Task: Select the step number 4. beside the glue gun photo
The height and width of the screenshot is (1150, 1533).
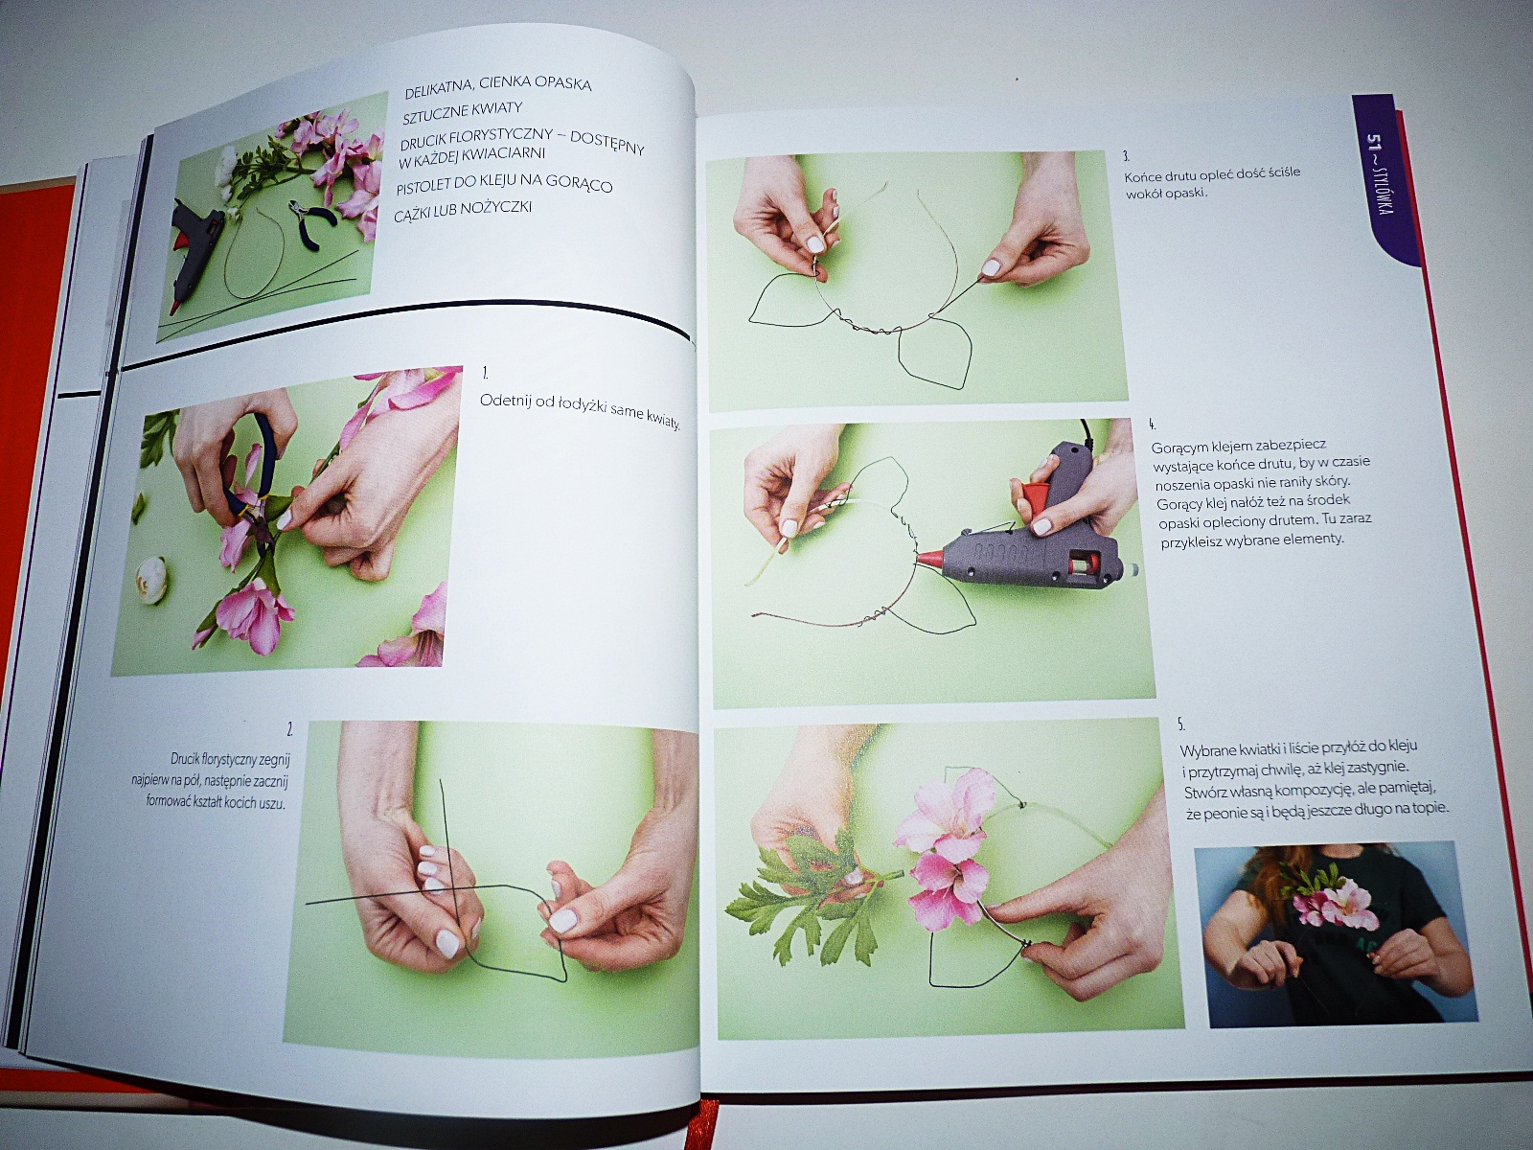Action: pyautogui.click(x=1152, y=425)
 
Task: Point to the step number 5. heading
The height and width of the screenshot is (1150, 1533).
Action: pyautogui.click(x=1181, y=724)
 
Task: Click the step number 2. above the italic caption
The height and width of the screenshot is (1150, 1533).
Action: pyautogui.click(x=289, y=730)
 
